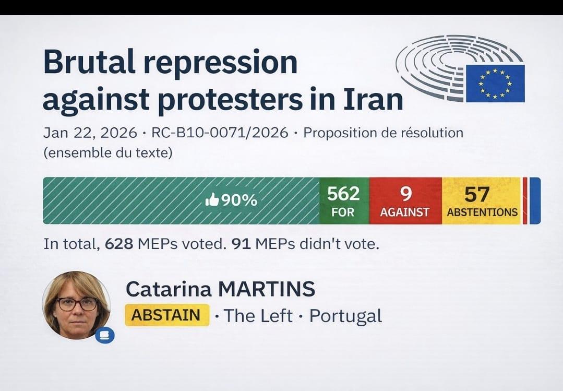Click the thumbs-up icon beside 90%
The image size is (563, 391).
pyautogui.click(x=212, y=200)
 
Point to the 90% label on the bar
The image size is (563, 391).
pyautogui.click(x=239, y=200)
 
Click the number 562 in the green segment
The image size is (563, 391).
pyautogui.click(x=343, y=194)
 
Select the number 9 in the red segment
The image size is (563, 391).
pyautogui.click(x=405, y=194)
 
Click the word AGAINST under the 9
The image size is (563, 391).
pyautogui.click(x=405, y=212)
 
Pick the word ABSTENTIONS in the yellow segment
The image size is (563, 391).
pyautogui.click(x=482, y=212)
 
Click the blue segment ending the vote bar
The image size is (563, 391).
pyautogui.click(x=535, y=200)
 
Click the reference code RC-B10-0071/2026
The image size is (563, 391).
pyautogui.click(x=220, y=133)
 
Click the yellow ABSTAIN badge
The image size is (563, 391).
pyautogui.click(x=166, y=315)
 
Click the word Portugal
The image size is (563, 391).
pyautogui.click(x=345, y=316)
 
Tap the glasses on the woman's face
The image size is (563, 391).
pyautogui.click(x=76, y=304)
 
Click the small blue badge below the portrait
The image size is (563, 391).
pyautogui.click(x=104, y=334)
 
